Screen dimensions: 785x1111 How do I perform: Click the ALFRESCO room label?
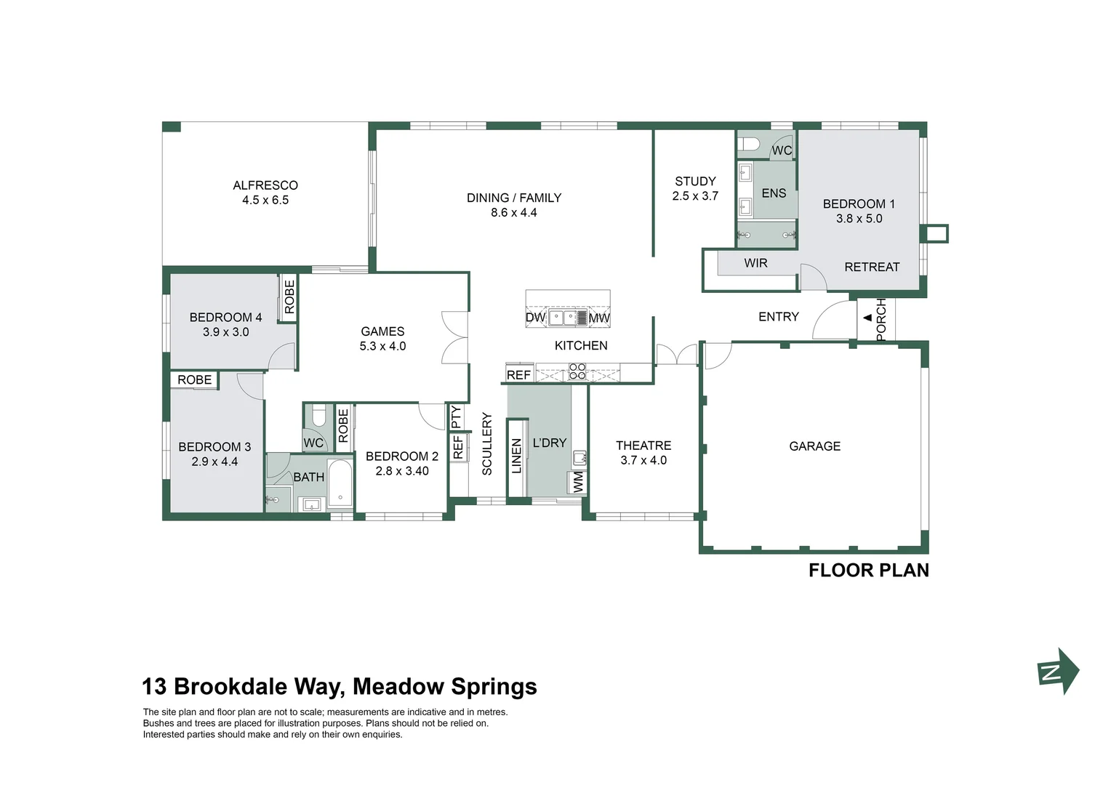click(x=265, y=185)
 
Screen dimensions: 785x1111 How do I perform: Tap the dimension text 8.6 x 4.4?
click(x=513, y=213)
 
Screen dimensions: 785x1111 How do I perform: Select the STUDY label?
click(x=695, y=181)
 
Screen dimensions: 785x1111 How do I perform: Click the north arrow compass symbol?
click(x=1058, y=672)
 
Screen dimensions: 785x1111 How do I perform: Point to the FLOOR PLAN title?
click(x=868, y=571)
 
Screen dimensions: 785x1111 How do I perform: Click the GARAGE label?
click(x=814, y=446)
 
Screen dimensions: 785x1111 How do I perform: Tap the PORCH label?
click(x=881, y=319)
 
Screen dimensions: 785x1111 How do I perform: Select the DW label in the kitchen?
click(x=535, y=318)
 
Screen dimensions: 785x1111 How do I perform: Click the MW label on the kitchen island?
click(x=599, y=318)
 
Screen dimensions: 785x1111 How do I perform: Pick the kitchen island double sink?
click(x=567, y=318)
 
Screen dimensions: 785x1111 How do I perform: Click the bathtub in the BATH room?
click(x=340, y=484)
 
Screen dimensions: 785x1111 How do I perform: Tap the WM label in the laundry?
click(x=578, y=482)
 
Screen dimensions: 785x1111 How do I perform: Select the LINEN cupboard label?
click(x=517, y=456)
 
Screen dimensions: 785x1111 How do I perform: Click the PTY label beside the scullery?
click(x=456, y=417)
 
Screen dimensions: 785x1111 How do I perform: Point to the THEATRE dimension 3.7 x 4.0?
click(x=643, y=461)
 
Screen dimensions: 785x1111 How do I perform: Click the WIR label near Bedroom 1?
click(x=755, y=263)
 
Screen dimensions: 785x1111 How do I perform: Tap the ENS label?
click(x=774, y=193)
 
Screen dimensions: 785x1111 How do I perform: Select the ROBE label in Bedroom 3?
click(x=194, y=380)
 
